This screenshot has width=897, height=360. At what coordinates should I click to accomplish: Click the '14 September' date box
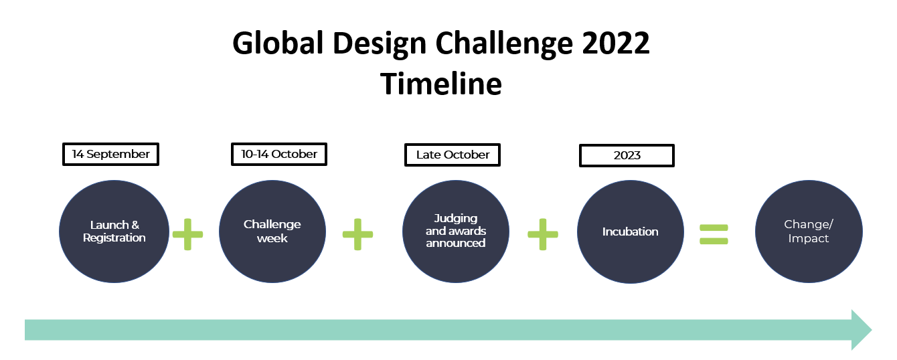(x=110, y=154)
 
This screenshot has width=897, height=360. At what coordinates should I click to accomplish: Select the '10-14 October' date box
(x=279, y=154)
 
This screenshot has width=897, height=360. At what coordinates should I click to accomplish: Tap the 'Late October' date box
(x=453, y=155)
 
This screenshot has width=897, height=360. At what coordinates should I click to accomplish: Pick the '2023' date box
(x=627, y=155)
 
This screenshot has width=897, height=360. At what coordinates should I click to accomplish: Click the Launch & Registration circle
(x=114, y=232)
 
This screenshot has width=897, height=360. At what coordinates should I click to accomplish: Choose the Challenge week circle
(x=272, y=232)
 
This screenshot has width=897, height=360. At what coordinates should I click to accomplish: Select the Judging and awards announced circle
(x=456, y=232)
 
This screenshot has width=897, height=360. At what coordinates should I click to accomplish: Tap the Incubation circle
(x=631, y=232)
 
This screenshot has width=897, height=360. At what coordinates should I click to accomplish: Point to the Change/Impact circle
(x=809, y=232)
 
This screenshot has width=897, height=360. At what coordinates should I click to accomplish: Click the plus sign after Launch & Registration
(x=187, y=234)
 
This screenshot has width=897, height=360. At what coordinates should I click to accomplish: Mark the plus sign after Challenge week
(x=357, y=234)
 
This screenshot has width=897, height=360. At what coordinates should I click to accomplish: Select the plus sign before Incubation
(x=543, y=234)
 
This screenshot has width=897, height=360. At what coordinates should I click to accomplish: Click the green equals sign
(x=714, y=235)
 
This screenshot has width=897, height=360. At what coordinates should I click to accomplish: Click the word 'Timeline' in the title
(x=441, y=84)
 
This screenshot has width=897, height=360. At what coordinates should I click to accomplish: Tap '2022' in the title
(x=615, y=43)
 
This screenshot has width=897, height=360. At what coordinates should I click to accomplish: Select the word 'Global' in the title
(x=278, y=43)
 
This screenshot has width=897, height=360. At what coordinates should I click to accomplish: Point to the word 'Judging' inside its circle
(x=456, y=219)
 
